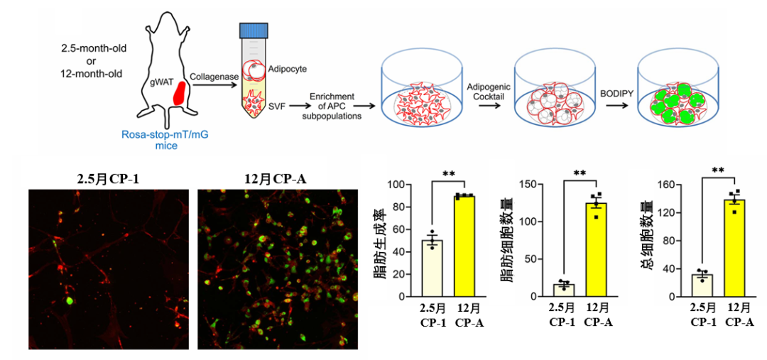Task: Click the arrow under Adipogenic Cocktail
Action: (488, 105)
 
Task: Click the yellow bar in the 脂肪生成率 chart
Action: (464, 246)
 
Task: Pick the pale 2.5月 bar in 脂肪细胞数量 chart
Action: (564, 290)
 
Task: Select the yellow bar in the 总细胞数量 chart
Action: (734, 248)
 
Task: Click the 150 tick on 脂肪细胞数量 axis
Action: (527, 185)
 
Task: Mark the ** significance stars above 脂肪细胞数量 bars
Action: (580, 173)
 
